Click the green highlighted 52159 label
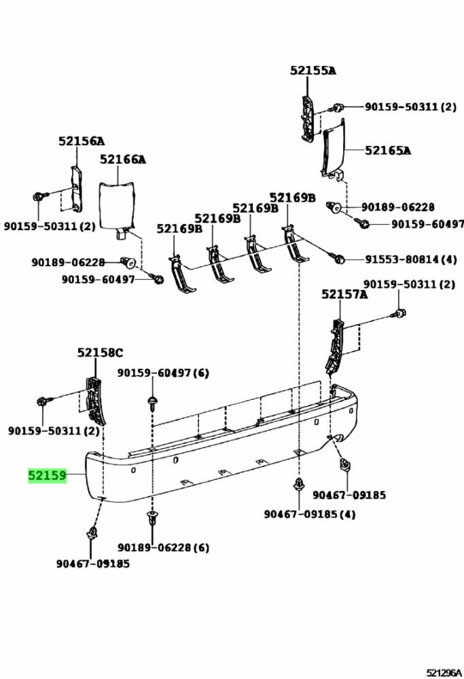click(x=48, y=475)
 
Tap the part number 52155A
click(x=313, y=70)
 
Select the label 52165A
click(x=388, y=150)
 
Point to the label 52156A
click(x=82, y=141)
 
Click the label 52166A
click(x=123, y=160)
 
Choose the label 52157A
click(x=344, y=295)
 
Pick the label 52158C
click(x=100, y=353)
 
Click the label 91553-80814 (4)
click(x=411, y=259)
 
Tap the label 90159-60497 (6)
click(x=163, y=372)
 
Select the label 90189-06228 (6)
click(x=163, y=547)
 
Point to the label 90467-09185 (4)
click(x=310, y=514)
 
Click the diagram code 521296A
click(x=444, y=672)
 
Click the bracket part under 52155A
click(x=307, y=117)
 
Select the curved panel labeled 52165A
click(x=333, y=150)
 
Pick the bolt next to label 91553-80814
click(x=339, y=259)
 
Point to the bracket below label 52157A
click(x=336, y=346)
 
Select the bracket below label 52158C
click(x=95, y=401)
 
